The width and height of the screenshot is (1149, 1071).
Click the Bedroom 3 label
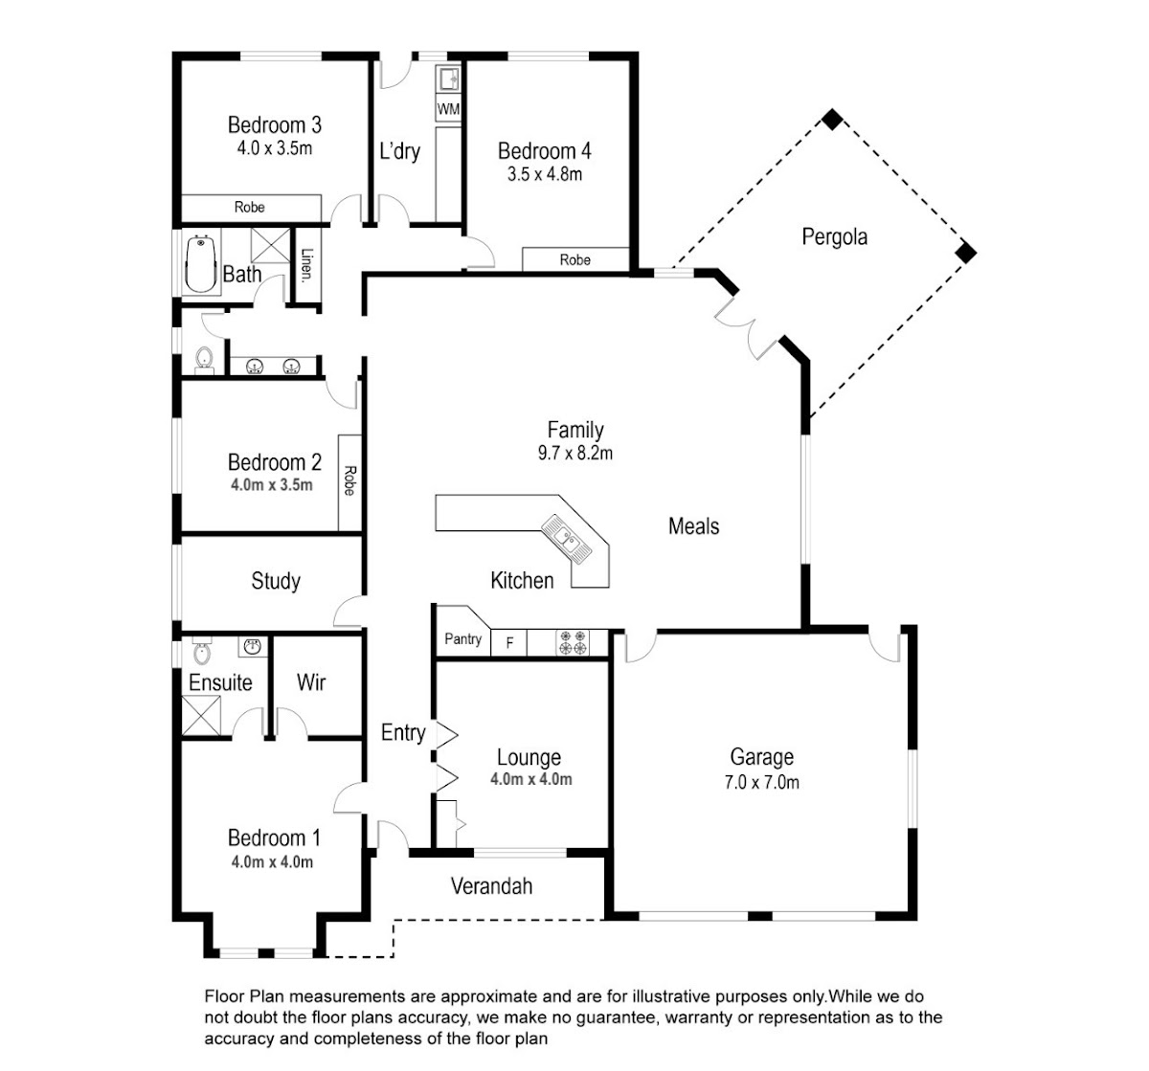coord(274,124)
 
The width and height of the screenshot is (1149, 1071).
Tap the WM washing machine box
coord(448,109)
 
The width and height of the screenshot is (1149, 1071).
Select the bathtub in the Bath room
coord(200,263)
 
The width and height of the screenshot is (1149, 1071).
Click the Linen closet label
coord(306,266)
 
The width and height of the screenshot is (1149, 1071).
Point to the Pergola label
coord(834,236)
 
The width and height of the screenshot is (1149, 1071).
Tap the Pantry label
coord(462,639)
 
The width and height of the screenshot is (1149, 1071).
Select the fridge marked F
coord(509,643)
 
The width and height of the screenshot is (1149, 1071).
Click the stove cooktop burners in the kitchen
coord(573,642)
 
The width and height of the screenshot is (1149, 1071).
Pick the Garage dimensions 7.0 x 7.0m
coord(762,782)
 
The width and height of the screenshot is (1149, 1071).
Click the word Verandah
coord(491,886)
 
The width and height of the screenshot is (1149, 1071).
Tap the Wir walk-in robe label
coord(311,682)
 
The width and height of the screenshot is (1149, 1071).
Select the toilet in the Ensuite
coord(201,654)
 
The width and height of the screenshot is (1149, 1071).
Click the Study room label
coord(276,581)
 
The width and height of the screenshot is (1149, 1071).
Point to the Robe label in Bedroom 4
coord(574,259)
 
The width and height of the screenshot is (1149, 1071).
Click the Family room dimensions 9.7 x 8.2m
coord(574,454)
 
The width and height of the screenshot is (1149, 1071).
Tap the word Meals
coord(693,526)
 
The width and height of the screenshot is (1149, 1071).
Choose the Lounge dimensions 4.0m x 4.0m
coord(530,780)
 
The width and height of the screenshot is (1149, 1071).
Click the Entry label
coord(402,733)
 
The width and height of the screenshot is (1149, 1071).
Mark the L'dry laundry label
coord(399,151)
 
